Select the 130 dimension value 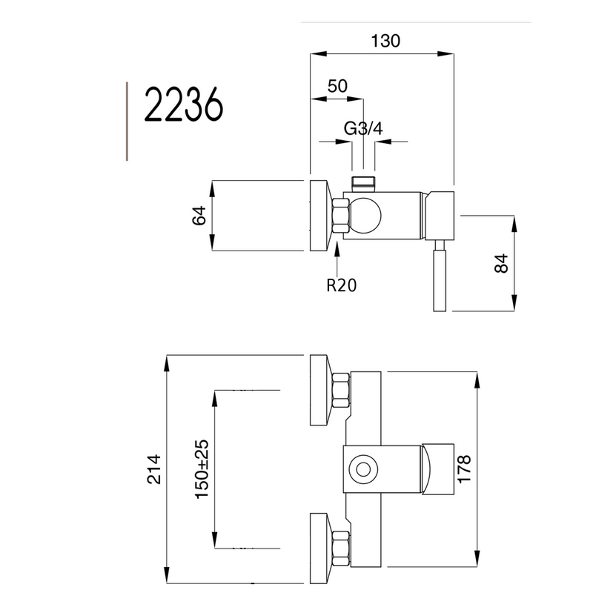point(385,42)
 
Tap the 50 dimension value point(337,86)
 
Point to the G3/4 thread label point(363,128)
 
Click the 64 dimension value point(198,216)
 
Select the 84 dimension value point(502,264)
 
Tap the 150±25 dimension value point(202,468)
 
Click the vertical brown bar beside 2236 point(127,121)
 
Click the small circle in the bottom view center point(363,469)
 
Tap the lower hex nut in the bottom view point(341,548)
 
